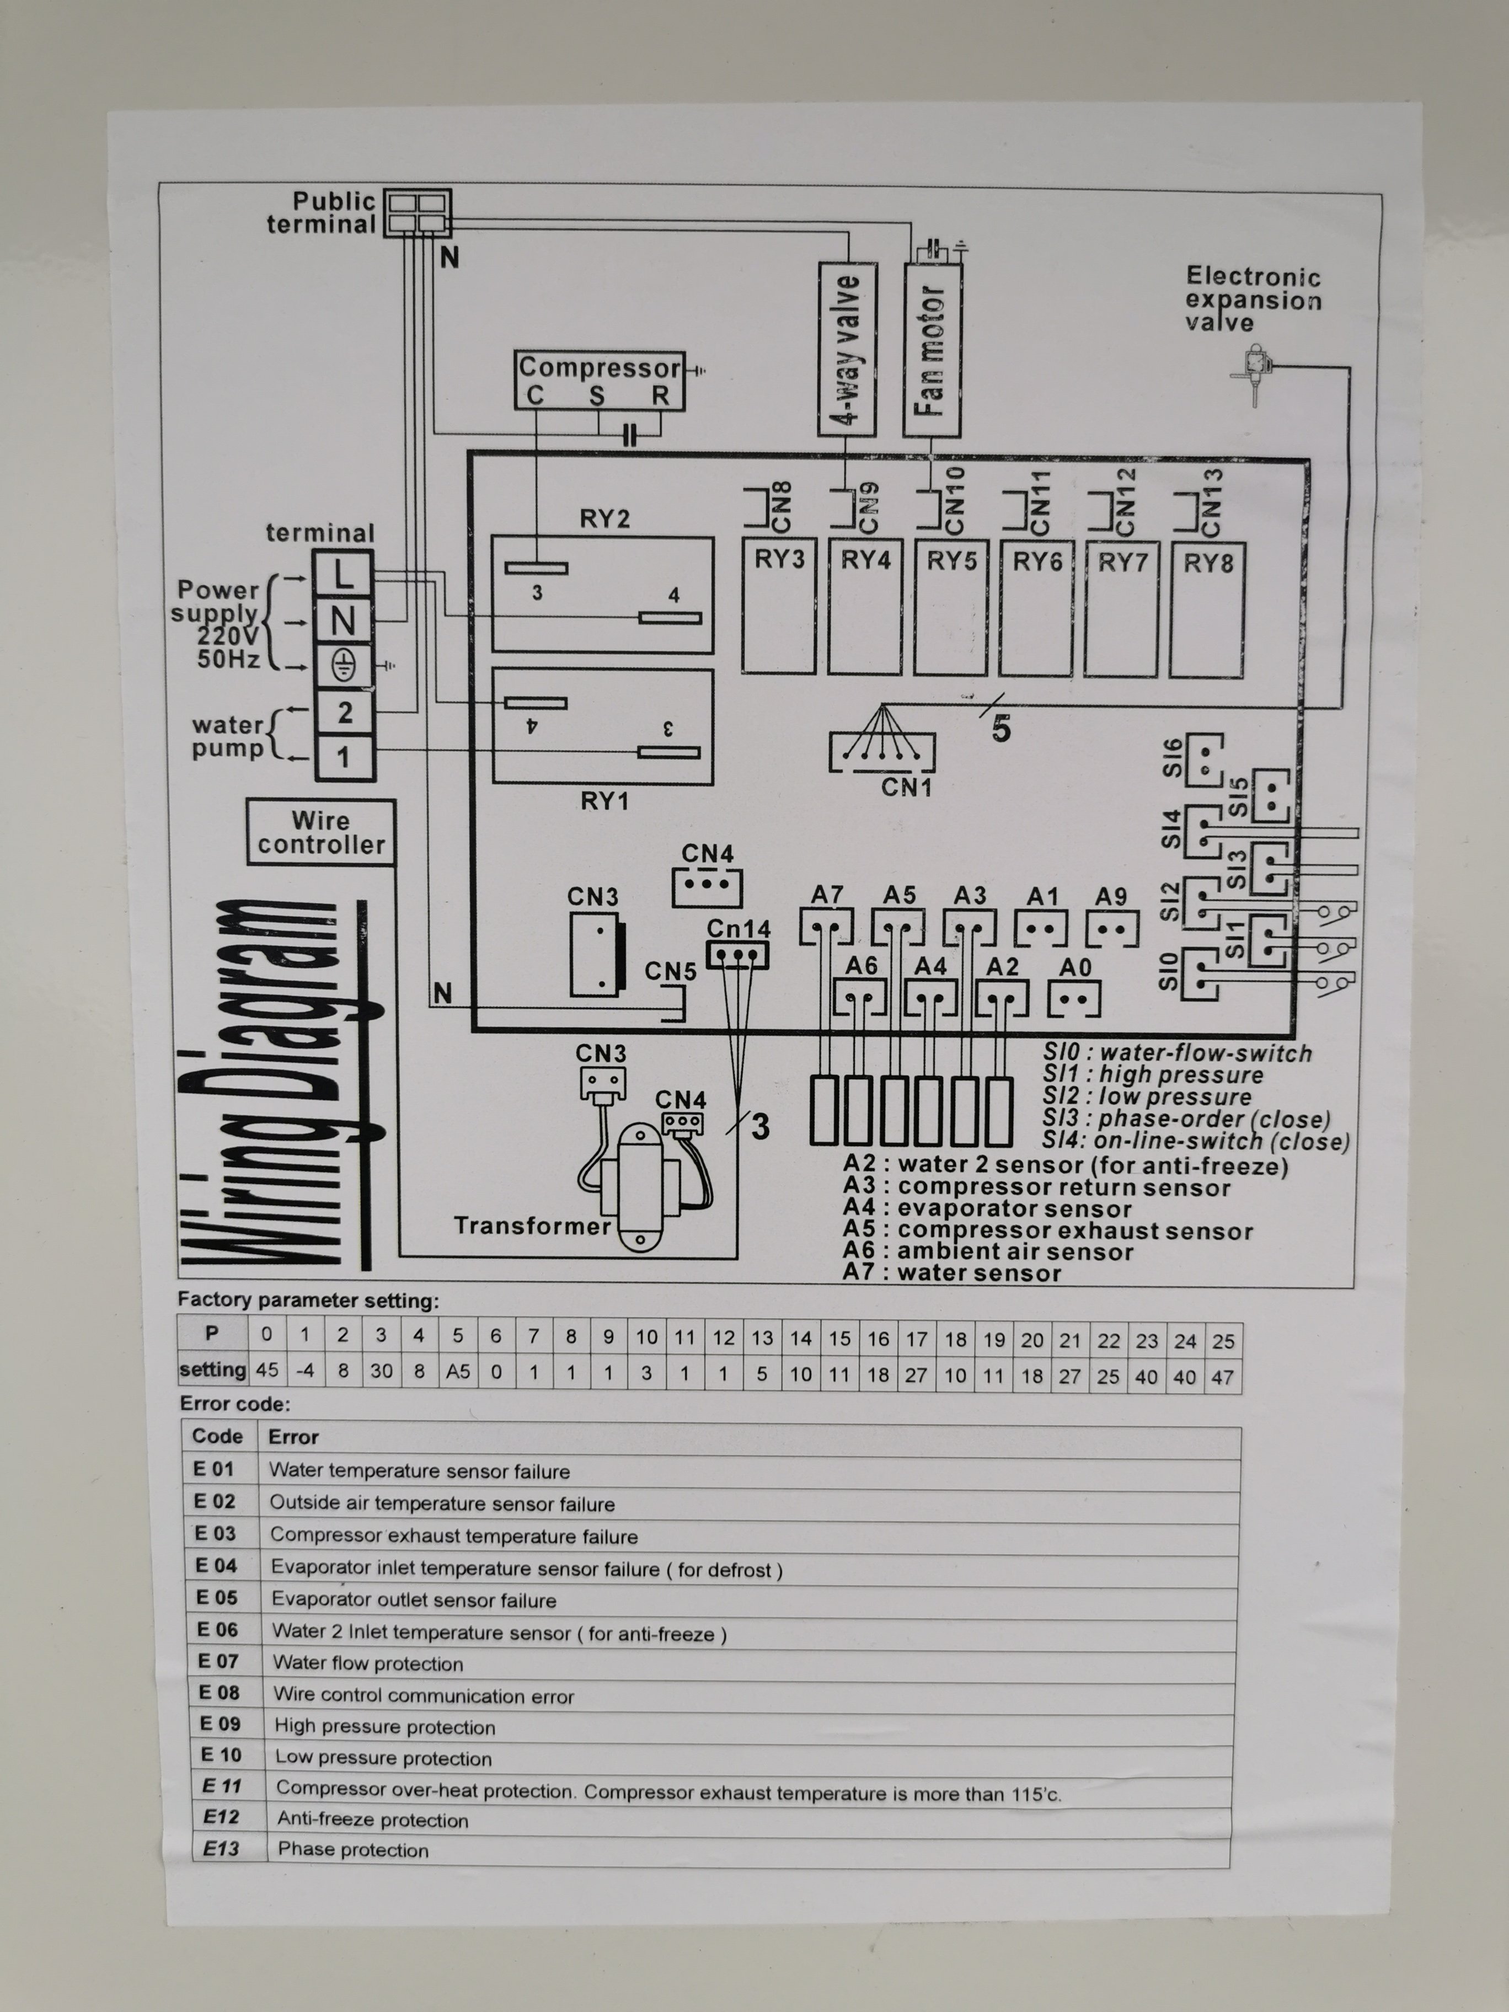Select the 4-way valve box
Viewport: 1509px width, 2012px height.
(847, 349)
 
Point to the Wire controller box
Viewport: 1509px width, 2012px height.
(320, 832)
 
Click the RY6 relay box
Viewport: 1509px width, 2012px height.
(1036, 608)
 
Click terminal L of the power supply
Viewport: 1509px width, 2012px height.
(343, 574)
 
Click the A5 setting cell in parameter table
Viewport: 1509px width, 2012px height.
(458, 1371)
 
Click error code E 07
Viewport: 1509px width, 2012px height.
(218, 1661)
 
